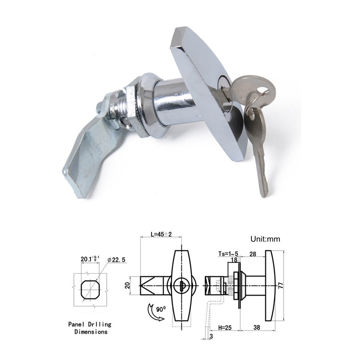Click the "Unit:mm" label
pos(265,239)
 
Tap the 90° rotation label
pos(161,310)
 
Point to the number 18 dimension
pos(234,260)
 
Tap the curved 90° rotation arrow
pos(152,312)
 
